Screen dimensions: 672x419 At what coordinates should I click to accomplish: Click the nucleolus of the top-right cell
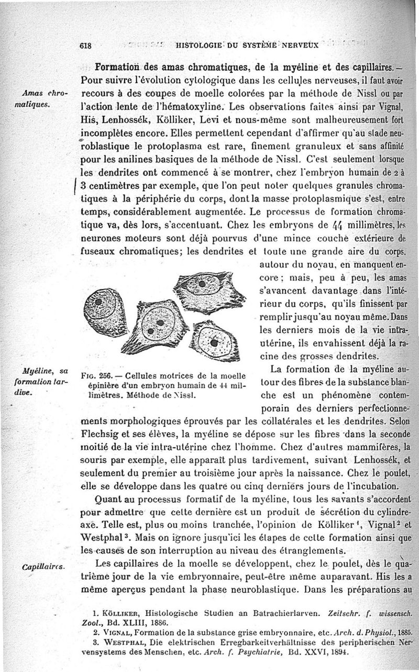tap(202, 284)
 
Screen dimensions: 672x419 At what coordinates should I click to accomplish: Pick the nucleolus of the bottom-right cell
tap(214, 343)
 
